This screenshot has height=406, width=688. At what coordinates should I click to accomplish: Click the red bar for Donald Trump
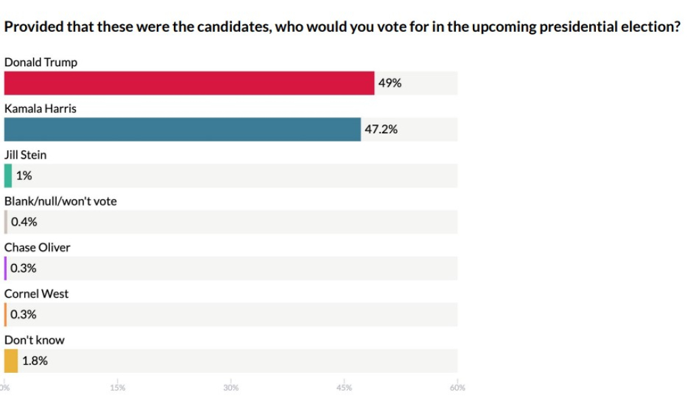point(189,83)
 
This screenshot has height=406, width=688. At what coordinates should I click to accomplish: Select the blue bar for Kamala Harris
point(183,129)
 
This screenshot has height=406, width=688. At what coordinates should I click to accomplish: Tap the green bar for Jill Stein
point(8,176)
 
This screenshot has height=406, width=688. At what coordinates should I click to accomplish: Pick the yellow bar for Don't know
point(11,361)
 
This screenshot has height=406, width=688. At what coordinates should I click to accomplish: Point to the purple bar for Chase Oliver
point(5,268)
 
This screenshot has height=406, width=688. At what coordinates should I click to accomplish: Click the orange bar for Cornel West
point(5,315)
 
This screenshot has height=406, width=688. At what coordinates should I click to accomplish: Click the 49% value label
point(390,83)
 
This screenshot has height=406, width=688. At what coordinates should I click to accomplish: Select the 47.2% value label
point(381,129)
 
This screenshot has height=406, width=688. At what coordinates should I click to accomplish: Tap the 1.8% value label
point(35,361)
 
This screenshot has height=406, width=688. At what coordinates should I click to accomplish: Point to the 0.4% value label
point(24,222)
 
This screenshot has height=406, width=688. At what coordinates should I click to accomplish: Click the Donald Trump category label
point(41,62)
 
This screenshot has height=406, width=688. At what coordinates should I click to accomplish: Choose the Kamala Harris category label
point(41,108)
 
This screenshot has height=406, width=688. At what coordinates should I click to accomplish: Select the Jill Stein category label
point(26,155)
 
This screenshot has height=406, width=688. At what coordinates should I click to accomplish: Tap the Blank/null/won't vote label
point(60,201)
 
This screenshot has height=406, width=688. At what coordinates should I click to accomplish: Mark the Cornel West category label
point(37,294)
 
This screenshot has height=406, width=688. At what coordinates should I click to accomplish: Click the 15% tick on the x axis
point(118,388)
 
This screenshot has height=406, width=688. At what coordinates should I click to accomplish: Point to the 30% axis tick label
point(231,388)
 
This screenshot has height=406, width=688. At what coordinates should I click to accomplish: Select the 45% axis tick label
point(344,388)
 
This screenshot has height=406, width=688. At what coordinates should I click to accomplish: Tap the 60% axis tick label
point(457,388)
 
